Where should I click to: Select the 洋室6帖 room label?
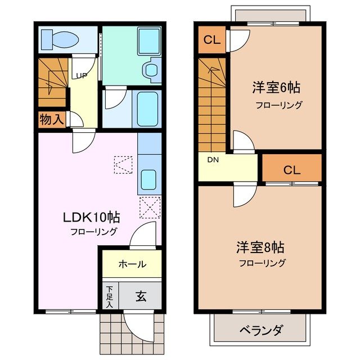276,88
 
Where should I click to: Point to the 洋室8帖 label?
259,247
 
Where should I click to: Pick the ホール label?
132,264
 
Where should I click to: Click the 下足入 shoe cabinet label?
110,296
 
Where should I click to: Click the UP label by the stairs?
82,76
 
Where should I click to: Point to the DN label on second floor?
213,160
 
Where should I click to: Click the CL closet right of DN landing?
291,169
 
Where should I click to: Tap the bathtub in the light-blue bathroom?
147,108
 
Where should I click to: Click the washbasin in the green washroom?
151,70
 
